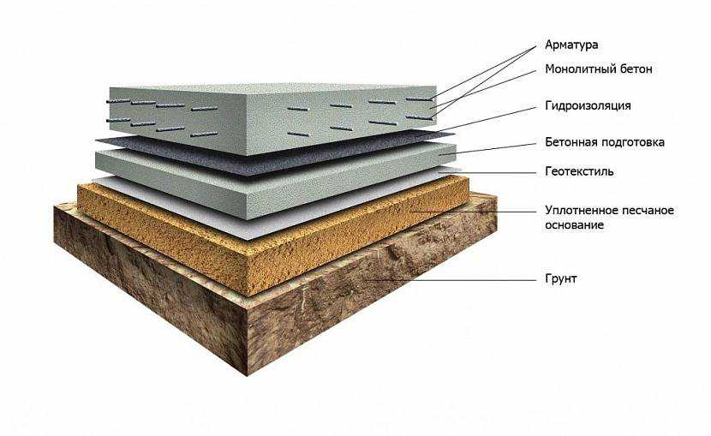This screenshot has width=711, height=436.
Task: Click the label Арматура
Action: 571,45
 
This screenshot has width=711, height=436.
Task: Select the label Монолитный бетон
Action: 599,69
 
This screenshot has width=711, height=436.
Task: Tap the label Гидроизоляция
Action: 588,106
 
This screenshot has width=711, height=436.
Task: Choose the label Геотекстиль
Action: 579,171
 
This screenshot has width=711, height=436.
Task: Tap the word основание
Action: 574,224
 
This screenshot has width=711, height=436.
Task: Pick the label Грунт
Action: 560,278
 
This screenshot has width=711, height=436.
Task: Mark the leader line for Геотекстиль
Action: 491,173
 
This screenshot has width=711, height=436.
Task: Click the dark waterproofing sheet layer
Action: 272,152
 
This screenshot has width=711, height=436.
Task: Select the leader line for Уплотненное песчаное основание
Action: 473,212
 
